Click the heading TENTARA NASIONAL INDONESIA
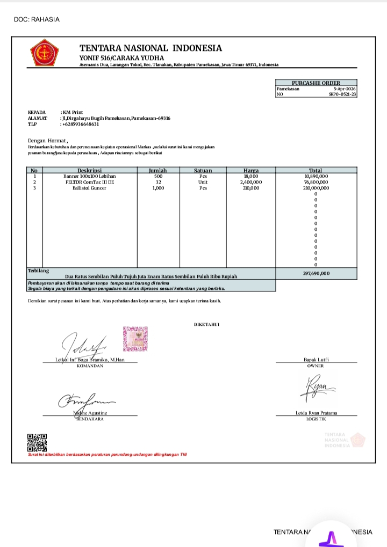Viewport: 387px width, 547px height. pyautogui.click(x=150, y=48)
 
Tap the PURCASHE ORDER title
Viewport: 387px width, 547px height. pyautogui.click(x=316, y=83)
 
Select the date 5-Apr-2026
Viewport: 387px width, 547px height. pyautogui.click(x=345, y=89)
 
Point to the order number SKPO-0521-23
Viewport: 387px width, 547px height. pyautogui.click(x=342, y=94)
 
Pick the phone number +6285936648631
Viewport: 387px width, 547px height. pyautogui.click(x=81, y=124)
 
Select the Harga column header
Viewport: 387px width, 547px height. pyautogui.click(x=251, y=170)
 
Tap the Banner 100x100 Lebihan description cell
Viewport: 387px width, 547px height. pyautogui.click(x=89, y=176)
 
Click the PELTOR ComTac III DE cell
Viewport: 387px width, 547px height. pyautogui.click(x=89, y=182)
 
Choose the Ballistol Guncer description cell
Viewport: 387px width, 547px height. pyautogui.click(x=89, y=188)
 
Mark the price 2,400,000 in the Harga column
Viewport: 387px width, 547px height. pyautogui.click(x=251, y=182)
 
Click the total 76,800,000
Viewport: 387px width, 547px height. pyautogui.click(x=316, y=182)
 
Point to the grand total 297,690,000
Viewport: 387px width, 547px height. pyautogui.click(x=316, y=273)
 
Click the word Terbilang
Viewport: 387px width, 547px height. pyautogui.click(x=38, y=270)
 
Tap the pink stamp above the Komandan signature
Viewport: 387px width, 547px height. pyautogui.click(x=135, y=338)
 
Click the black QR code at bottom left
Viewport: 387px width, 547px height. pyautogui.click(x=37, y=442)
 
